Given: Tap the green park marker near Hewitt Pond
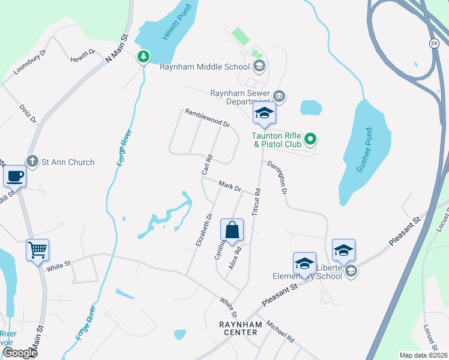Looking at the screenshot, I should (x=143, y=56).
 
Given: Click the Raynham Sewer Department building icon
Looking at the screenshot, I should (x=279, y=96).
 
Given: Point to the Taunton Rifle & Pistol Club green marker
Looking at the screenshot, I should (x=310, y=140).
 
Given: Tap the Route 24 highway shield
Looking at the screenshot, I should (x=434, y=43).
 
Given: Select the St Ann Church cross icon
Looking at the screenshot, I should (x=32, y=161).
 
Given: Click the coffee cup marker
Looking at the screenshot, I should (x=14, y=176).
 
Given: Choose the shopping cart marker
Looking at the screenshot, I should (x=37, y=249).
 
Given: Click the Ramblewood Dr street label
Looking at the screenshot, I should (x=208, y=118).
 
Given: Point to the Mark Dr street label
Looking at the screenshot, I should (x=229, y=187).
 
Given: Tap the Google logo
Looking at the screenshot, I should (x=20, y=353).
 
